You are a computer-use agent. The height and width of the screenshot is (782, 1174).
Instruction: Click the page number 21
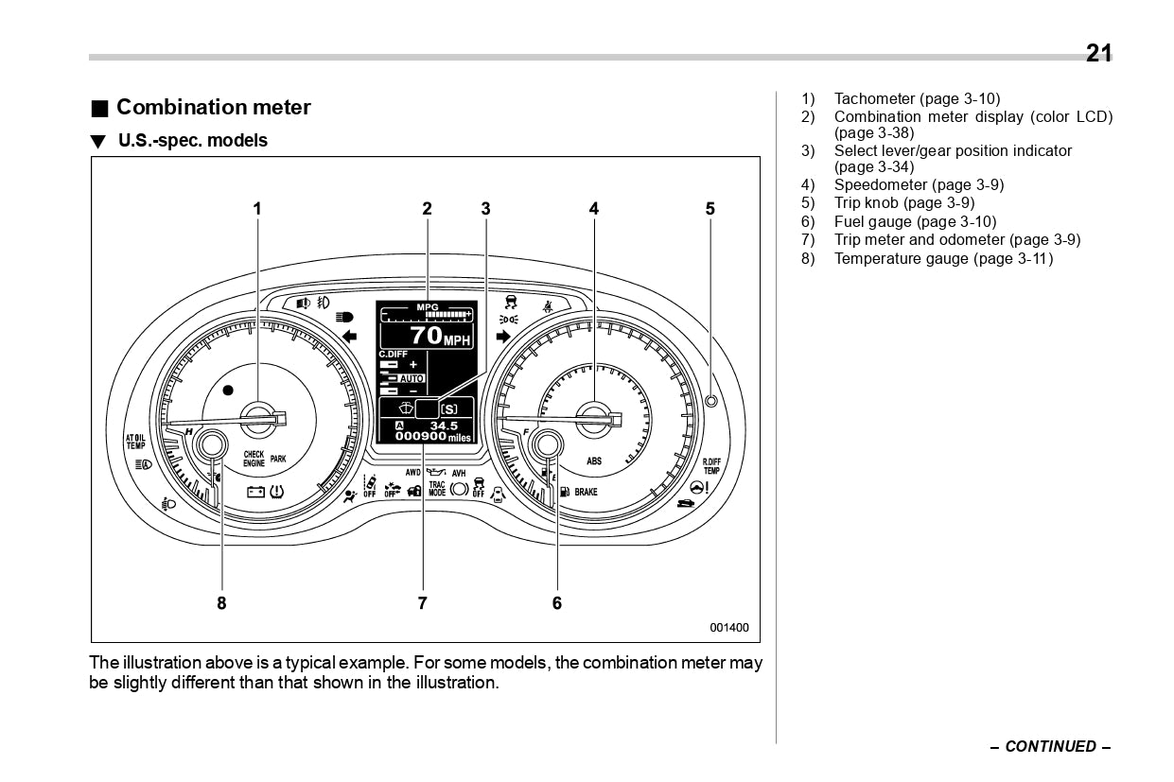coord(1098,53)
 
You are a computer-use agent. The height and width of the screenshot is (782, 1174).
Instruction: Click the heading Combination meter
coord(213,107)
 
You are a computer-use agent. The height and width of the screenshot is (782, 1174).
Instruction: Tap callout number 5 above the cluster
coord(710,209)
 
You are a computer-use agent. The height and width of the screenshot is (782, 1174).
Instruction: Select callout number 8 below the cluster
coord(221,602)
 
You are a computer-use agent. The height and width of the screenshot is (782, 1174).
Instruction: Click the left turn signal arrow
coord(349,336)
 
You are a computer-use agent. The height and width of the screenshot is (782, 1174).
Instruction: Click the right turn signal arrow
coord(502,336)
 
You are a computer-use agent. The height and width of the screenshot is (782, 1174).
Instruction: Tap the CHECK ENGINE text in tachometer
coord(254,460)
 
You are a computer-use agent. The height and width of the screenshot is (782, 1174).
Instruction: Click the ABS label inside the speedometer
coord(594,461)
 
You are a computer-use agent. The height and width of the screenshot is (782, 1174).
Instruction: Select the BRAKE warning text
coord(586,493)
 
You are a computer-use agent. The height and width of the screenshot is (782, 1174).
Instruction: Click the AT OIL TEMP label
coord(136,442)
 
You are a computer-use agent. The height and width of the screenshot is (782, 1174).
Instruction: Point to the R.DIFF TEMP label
coord(711,466)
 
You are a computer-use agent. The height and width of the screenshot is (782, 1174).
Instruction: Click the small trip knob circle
coord(711,401)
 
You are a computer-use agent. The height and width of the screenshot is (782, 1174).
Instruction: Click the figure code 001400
coord(729,627)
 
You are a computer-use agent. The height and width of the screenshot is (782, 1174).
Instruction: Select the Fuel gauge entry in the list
coord(915,222)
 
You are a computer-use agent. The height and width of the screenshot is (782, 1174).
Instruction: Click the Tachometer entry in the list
coord(916,98)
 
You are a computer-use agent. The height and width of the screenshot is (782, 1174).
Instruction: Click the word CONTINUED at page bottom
coord(1050,746)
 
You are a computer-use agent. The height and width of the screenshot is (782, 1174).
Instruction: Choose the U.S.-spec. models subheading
coord(192,141)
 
